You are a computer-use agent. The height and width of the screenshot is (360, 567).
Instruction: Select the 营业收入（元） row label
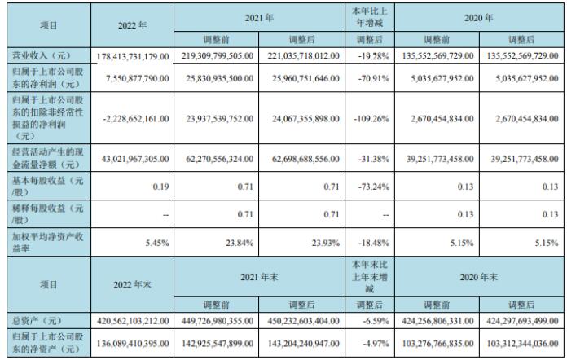(48, 55)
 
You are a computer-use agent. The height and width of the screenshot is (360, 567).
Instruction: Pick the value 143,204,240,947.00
(302, 347)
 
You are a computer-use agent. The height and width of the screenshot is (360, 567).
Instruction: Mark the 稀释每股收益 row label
(48, 213)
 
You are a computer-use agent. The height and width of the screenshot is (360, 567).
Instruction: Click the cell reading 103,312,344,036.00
(522, 347)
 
